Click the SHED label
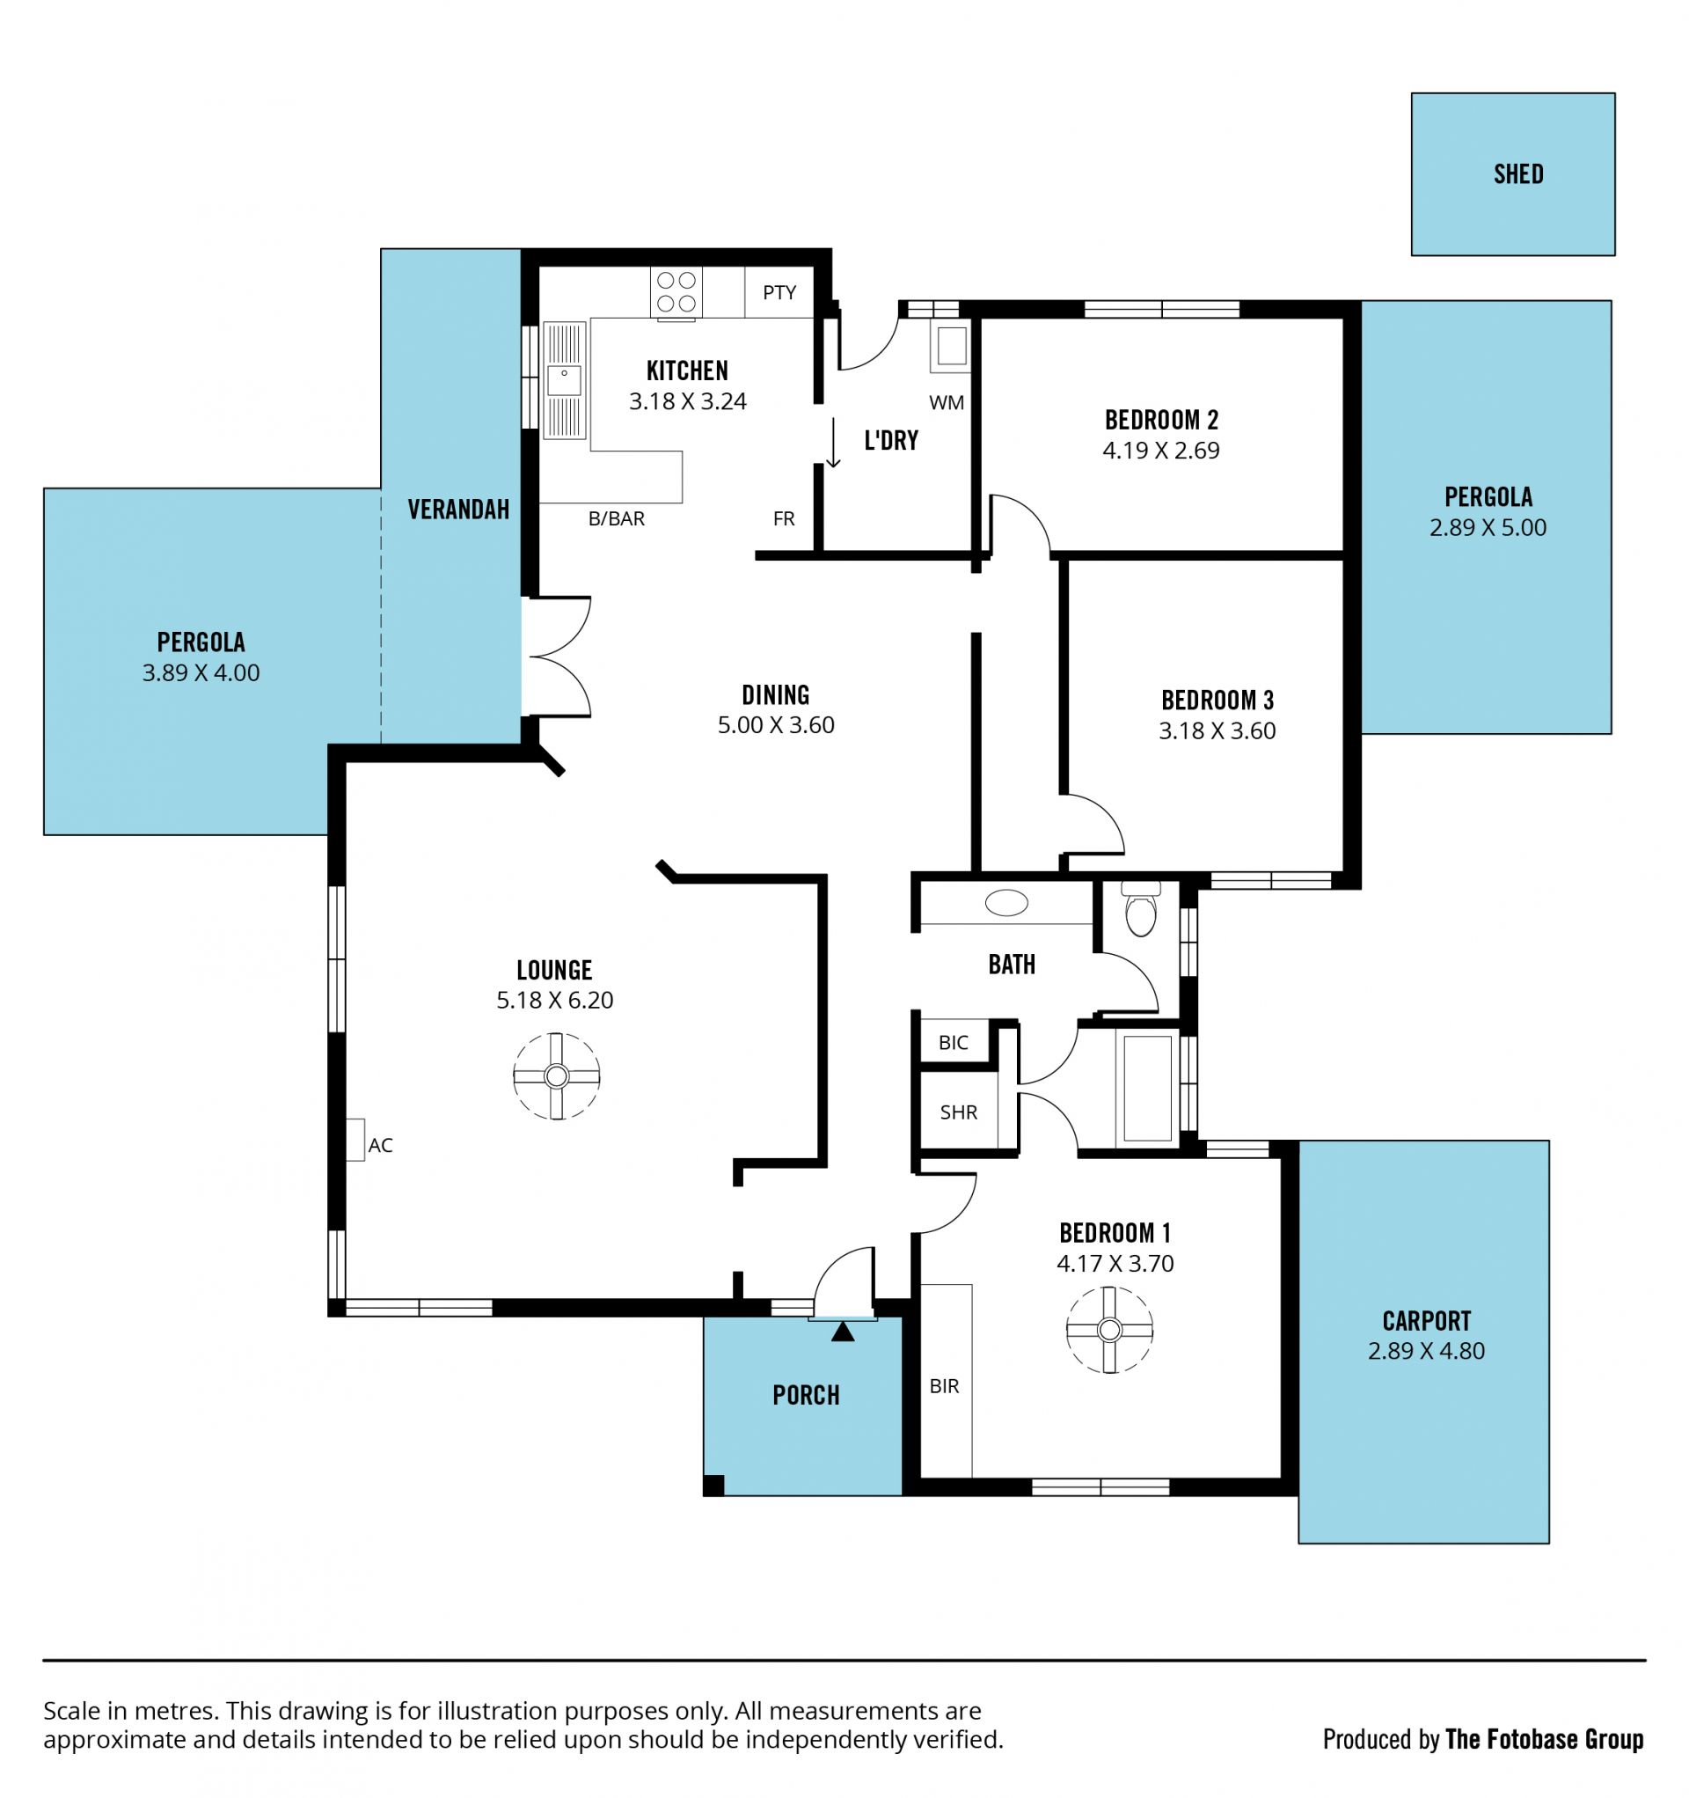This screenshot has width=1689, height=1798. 1518,173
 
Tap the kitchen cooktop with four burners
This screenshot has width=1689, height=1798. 676,291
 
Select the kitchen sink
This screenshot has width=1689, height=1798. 564,381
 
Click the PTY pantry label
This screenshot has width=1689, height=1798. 779,292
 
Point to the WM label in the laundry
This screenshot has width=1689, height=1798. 946,402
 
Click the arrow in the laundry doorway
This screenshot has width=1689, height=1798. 834,443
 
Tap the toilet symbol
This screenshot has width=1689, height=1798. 1141,909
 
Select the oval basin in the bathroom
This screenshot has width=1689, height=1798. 1006,903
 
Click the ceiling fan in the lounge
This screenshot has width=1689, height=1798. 556,1076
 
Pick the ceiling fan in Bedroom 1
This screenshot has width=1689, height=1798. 1109,1331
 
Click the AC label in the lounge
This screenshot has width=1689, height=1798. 381,1145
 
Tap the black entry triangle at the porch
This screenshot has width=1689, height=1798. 843,1332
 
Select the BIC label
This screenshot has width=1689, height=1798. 953,1042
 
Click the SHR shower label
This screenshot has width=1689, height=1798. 959,1112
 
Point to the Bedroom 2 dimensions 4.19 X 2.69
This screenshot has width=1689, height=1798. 1161,451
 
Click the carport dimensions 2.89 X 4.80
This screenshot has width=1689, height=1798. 1426,1351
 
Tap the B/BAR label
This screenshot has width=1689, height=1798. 617,518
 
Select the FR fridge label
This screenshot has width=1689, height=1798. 784,518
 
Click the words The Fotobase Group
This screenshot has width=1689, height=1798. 1545,1739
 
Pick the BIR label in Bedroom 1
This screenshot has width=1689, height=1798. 944,1385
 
